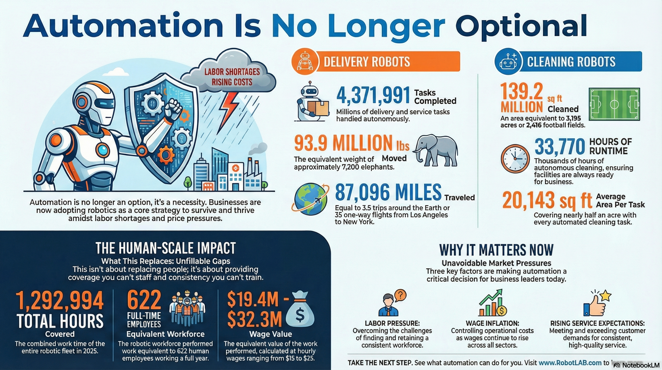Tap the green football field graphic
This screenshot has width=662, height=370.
tap(614, 104)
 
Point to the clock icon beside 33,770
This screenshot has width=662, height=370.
tap(515, 159)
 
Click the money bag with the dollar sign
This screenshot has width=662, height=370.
tap(300, 312)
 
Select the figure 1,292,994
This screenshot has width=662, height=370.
tap(60, 301)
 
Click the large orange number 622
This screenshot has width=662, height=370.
tap(144, 300)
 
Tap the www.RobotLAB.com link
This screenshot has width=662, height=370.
tap(570, 363)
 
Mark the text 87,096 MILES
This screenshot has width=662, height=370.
tap(388, 192)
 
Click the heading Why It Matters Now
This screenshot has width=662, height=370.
tap(496, 250)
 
